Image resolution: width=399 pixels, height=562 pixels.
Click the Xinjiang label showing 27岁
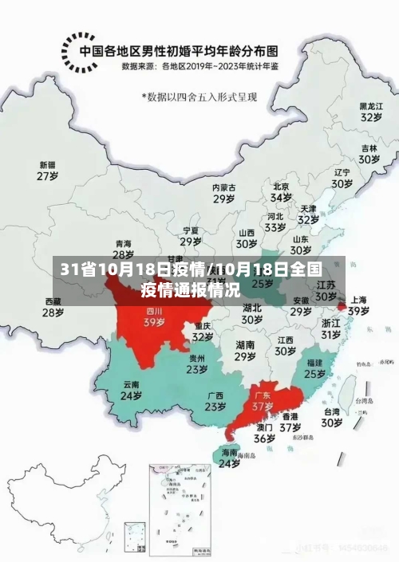point(47,171)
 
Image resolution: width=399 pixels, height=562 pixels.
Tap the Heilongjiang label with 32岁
point(369,111)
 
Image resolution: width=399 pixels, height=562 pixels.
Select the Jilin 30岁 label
point(368,153)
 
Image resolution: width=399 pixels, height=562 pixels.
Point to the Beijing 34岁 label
point(280,191)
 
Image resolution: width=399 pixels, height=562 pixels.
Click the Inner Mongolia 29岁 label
point(223,193)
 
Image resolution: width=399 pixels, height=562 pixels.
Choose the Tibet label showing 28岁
point(52,307)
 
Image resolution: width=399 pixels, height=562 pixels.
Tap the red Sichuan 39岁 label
point(154,316)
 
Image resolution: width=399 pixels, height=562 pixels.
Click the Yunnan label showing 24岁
point(131,389)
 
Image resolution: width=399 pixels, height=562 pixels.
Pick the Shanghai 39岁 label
point(358,305)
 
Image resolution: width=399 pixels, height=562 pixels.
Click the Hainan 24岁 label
point(229,458)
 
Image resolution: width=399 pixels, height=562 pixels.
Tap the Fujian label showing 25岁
point(314,367)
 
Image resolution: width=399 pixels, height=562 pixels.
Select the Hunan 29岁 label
point(245,351)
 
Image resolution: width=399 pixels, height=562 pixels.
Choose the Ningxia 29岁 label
point(190,236)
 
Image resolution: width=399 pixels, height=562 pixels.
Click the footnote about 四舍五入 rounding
point(205,96)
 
